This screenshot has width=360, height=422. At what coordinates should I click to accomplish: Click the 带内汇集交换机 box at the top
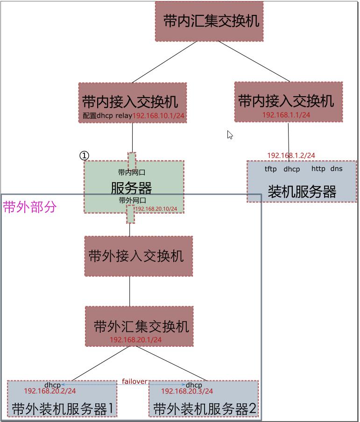tap(209, 21)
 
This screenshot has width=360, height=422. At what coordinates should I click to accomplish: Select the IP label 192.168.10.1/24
tap(159, 115)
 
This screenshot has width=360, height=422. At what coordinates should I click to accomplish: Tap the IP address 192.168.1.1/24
tap(286, 114)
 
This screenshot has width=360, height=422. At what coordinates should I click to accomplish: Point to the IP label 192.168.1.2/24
tap(291, 155)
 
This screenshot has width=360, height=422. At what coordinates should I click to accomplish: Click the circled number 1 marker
tap(84, 156)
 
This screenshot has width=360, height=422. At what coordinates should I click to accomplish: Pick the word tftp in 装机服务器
tap(270, 169)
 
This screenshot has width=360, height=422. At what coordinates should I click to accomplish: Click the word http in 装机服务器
tap(318, 169)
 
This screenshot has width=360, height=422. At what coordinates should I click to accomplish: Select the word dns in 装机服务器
tap(336, 169)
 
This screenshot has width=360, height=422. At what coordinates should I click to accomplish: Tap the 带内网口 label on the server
tap(131, 172)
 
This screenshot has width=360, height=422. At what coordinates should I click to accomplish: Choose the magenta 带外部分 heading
tap(29, 207)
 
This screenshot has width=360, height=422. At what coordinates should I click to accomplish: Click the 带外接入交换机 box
tap(138, 256)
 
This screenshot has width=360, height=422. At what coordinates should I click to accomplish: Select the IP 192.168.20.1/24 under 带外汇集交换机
tap(136, 340)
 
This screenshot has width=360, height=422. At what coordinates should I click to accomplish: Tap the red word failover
tap(134, 381)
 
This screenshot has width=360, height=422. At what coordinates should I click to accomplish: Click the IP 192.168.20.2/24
tap(50, 391)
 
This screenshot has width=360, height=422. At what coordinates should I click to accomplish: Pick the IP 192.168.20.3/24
tap(187, 391)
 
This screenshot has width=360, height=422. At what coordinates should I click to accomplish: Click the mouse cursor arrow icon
tap(230, 135)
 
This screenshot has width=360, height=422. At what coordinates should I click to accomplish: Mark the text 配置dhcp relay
tap(107, 115)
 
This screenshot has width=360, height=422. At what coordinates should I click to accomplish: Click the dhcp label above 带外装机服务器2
tap(194, 385)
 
